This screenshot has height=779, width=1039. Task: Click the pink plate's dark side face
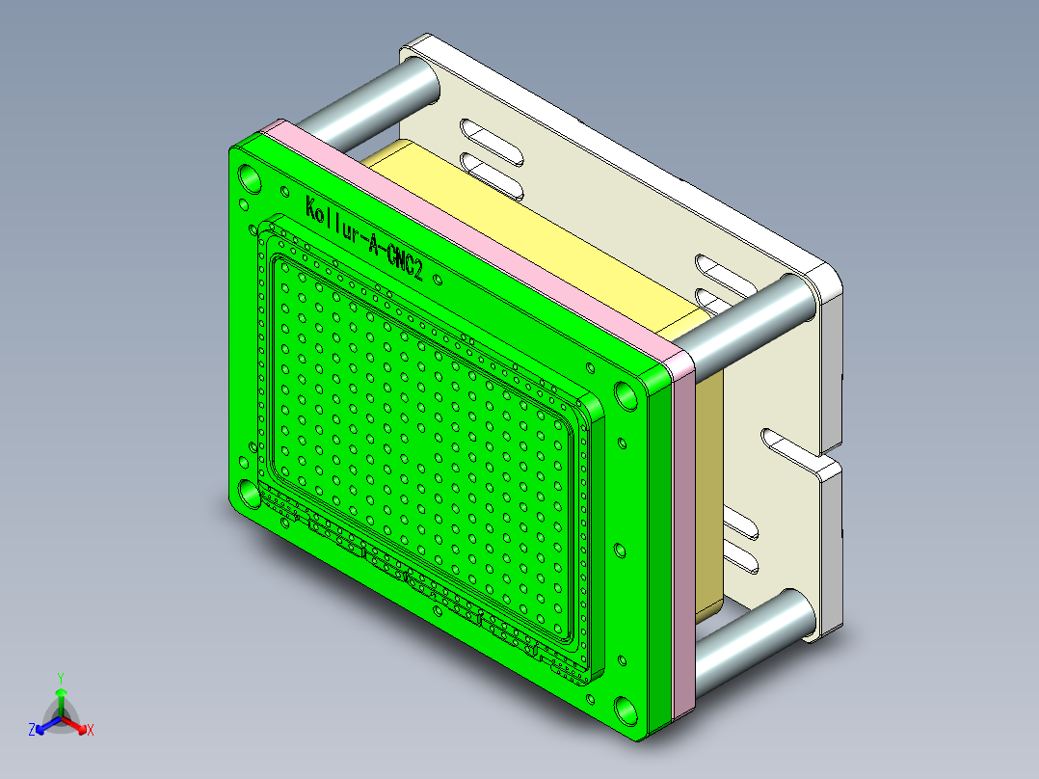[x=682, y=550]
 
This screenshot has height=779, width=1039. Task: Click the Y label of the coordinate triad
[x=60, y=678]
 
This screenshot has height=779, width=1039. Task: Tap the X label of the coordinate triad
[x=91, y=731]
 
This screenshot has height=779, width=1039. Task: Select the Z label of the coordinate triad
[x=32, y=731]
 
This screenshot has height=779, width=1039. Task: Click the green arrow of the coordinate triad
[x=60, y=699]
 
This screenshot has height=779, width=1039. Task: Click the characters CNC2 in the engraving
[x=404, y=261]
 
